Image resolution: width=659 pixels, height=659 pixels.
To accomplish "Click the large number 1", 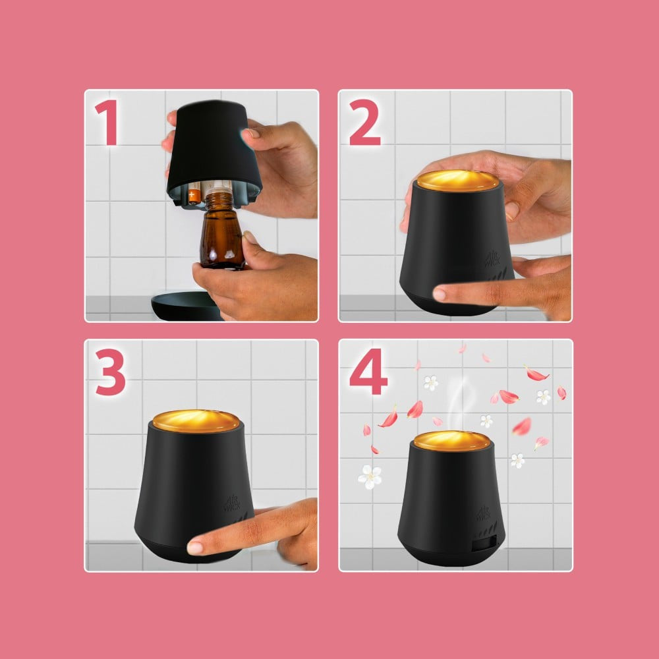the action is click(x=108, y=123).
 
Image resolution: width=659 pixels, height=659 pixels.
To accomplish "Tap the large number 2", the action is click(x=365, y=123).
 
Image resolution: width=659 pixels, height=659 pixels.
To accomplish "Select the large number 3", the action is click(x=110, y=372).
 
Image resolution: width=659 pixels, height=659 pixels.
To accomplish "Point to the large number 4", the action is click(x=368, y=372).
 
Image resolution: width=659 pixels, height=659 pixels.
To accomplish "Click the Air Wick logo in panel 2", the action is click(x=492, y=258).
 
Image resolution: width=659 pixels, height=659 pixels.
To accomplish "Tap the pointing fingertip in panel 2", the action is click(x=439, y=294).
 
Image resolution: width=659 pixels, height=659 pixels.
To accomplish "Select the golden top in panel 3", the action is click(x=196, y=421).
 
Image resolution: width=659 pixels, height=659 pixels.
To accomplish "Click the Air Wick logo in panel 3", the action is click(x=233, y=503).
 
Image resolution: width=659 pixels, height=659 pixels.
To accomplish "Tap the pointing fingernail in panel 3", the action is click(x=194, y=548).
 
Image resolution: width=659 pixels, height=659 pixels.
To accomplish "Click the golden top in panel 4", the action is click(x=452, y=440).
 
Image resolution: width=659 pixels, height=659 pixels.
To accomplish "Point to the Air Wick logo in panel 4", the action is click(x=484, y=513).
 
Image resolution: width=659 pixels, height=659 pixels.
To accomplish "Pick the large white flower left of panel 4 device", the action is click(x=370, y=477).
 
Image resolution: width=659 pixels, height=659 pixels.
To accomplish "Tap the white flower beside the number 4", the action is click(x=430, y=383).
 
